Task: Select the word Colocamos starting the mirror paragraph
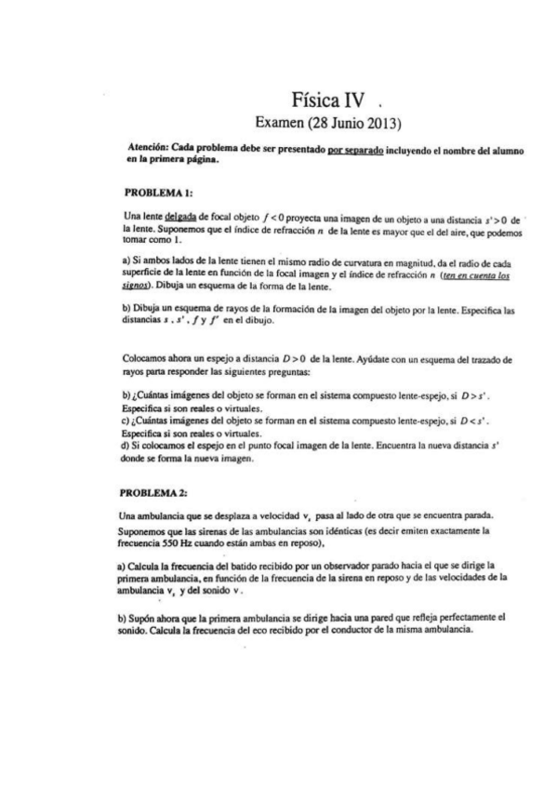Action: (146, 384)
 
